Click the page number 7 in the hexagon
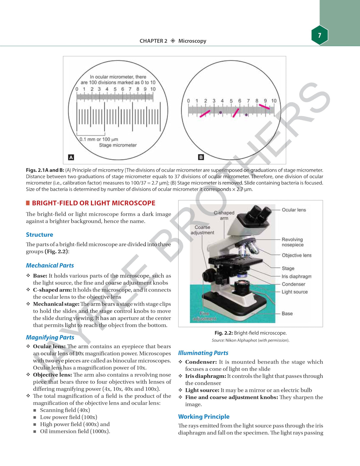[319, 35]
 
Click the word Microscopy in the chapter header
[192, 41]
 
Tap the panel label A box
[71, 157]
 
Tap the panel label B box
[201, 157]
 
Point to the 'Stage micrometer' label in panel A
[118, 145]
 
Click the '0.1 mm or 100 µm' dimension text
[99, 139]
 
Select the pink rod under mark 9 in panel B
[264, 107]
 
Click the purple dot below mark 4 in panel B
[220, 112]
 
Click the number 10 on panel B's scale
[274, 101]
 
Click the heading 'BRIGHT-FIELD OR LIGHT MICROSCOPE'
[93, 203]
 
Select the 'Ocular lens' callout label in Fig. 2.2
[294, 210]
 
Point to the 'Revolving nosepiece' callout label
[292, 242]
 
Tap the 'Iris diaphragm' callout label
[296, 276]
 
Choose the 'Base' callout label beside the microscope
[287, 313]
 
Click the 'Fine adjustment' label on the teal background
[204, 316]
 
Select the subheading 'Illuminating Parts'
[203, 353]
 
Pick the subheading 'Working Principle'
[204, 417]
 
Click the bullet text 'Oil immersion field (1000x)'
[75, 431]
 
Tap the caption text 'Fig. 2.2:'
[224, 333]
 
